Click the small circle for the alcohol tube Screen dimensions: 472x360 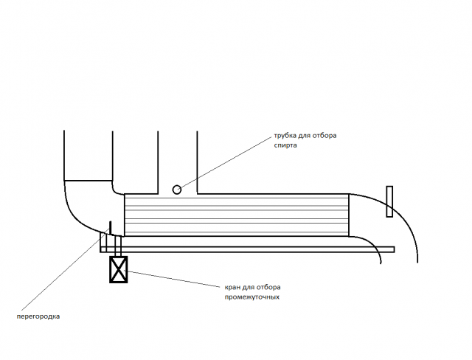coord(177,190)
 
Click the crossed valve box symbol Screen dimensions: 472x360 coord(118,269)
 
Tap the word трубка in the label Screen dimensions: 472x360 coord(285,136)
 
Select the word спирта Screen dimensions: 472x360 coord(285,145)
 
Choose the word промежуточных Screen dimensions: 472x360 coord(252,297)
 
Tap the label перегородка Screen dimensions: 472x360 coord(38,316)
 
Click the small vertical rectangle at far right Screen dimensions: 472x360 coord(389,201)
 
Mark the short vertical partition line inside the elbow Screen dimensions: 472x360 coord(111,227)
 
